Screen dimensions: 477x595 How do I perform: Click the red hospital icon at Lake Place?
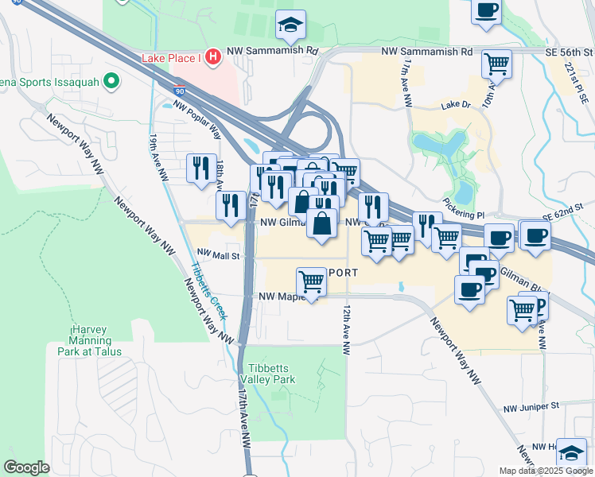pos(212,56)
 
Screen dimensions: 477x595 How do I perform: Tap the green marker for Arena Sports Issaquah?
pos(112,81)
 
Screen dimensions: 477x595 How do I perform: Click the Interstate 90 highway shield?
pos(181,93)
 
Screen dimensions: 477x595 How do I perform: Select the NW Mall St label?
pos(218,255)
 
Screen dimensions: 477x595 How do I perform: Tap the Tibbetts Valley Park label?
pos(273,374)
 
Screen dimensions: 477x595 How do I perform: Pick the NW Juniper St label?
pos(531,407)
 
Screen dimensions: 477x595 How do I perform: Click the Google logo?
pos(26,467)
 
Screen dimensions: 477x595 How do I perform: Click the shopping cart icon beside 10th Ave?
pos(497,62)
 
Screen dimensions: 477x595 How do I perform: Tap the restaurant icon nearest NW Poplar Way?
pos(200,167)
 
